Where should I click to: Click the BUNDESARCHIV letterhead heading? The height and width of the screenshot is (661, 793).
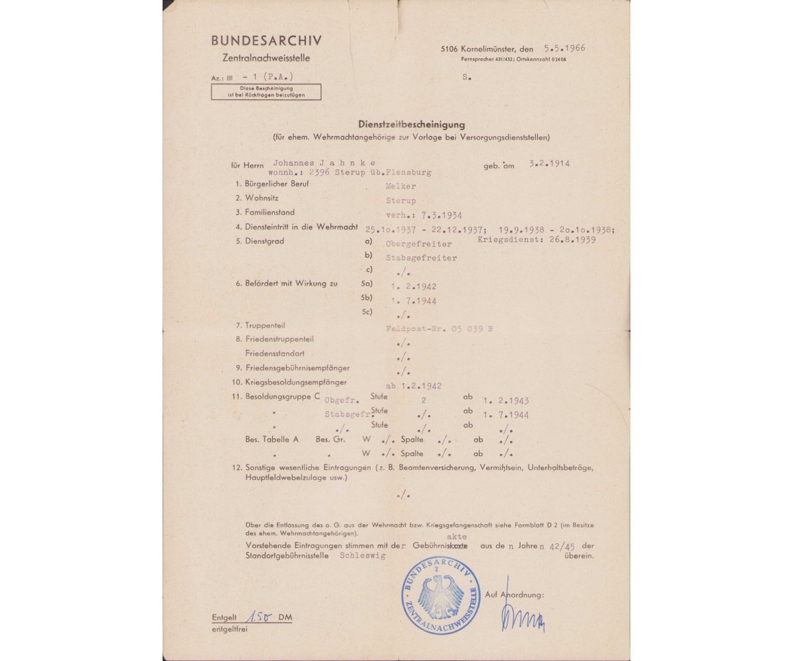point(266,40)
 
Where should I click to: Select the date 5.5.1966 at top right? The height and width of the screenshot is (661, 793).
point(564,48)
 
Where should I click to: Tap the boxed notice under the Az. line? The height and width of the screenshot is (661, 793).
point(266,92)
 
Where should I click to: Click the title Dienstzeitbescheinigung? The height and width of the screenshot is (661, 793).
point(411,124)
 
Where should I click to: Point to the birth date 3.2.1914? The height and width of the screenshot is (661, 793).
point(550,163)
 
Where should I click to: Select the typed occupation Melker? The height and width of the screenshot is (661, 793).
point(401,186)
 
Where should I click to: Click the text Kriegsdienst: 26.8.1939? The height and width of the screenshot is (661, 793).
point(537,240)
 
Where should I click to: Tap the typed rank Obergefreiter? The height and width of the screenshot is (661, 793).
point(419,244)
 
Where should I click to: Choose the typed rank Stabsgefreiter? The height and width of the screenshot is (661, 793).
point(421,258)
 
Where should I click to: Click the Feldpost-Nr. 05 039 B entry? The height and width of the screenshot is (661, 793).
point(439,328)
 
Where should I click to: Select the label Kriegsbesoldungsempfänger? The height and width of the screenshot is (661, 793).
point(295,382)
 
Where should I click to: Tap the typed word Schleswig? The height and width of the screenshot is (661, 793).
point(362,557)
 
